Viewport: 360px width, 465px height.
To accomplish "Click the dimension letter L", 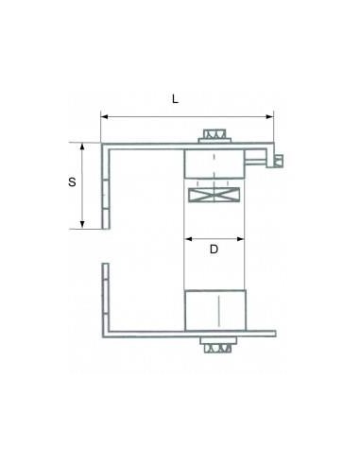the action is [175, 99].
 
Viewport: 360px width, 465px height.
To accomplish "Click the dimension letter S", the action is [72, 182].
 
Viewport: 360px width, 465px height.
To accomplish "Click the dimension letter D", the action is [214, 250].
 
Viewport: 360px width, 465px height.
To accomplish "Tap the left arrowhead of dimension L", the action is [105, 117].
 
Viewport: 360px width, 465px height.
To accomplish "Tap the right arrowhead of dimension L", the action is [270, 117].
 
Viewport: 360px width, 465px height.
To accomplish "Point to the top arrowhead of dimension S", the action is [82, 146].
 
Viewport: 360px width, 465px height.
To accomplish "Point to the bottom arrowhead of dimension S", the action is [82, 224].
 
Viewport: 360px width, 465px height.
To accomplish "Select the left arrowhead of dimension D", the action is [188, 239].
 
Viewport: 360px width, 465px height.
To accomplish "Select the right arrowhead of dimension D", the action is [241, 239].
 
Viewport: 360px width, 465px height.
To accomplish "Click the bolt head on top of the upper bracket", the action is [214, 136].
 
